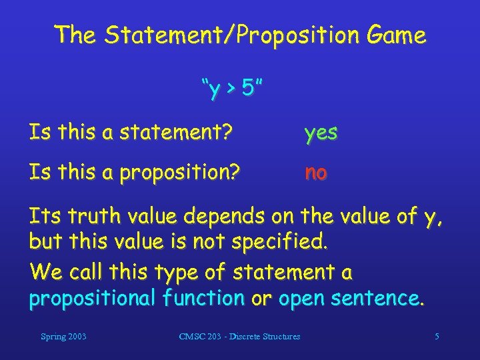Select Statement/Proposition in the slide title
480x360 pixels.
point(225,35)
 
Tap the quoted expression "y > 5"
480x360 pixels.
point(229,87)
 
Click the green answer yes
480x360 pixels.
point(321,133)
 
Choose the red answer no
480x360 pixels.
point(315,173)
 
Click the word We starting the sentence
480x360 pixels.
point(43,273)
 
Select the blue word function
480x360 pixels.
point(203,299)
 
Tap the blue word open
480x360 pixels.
point(304,300)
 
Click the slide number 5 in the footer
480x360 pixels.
point(437,337)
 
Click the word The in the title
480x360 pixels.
point(75,35)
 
